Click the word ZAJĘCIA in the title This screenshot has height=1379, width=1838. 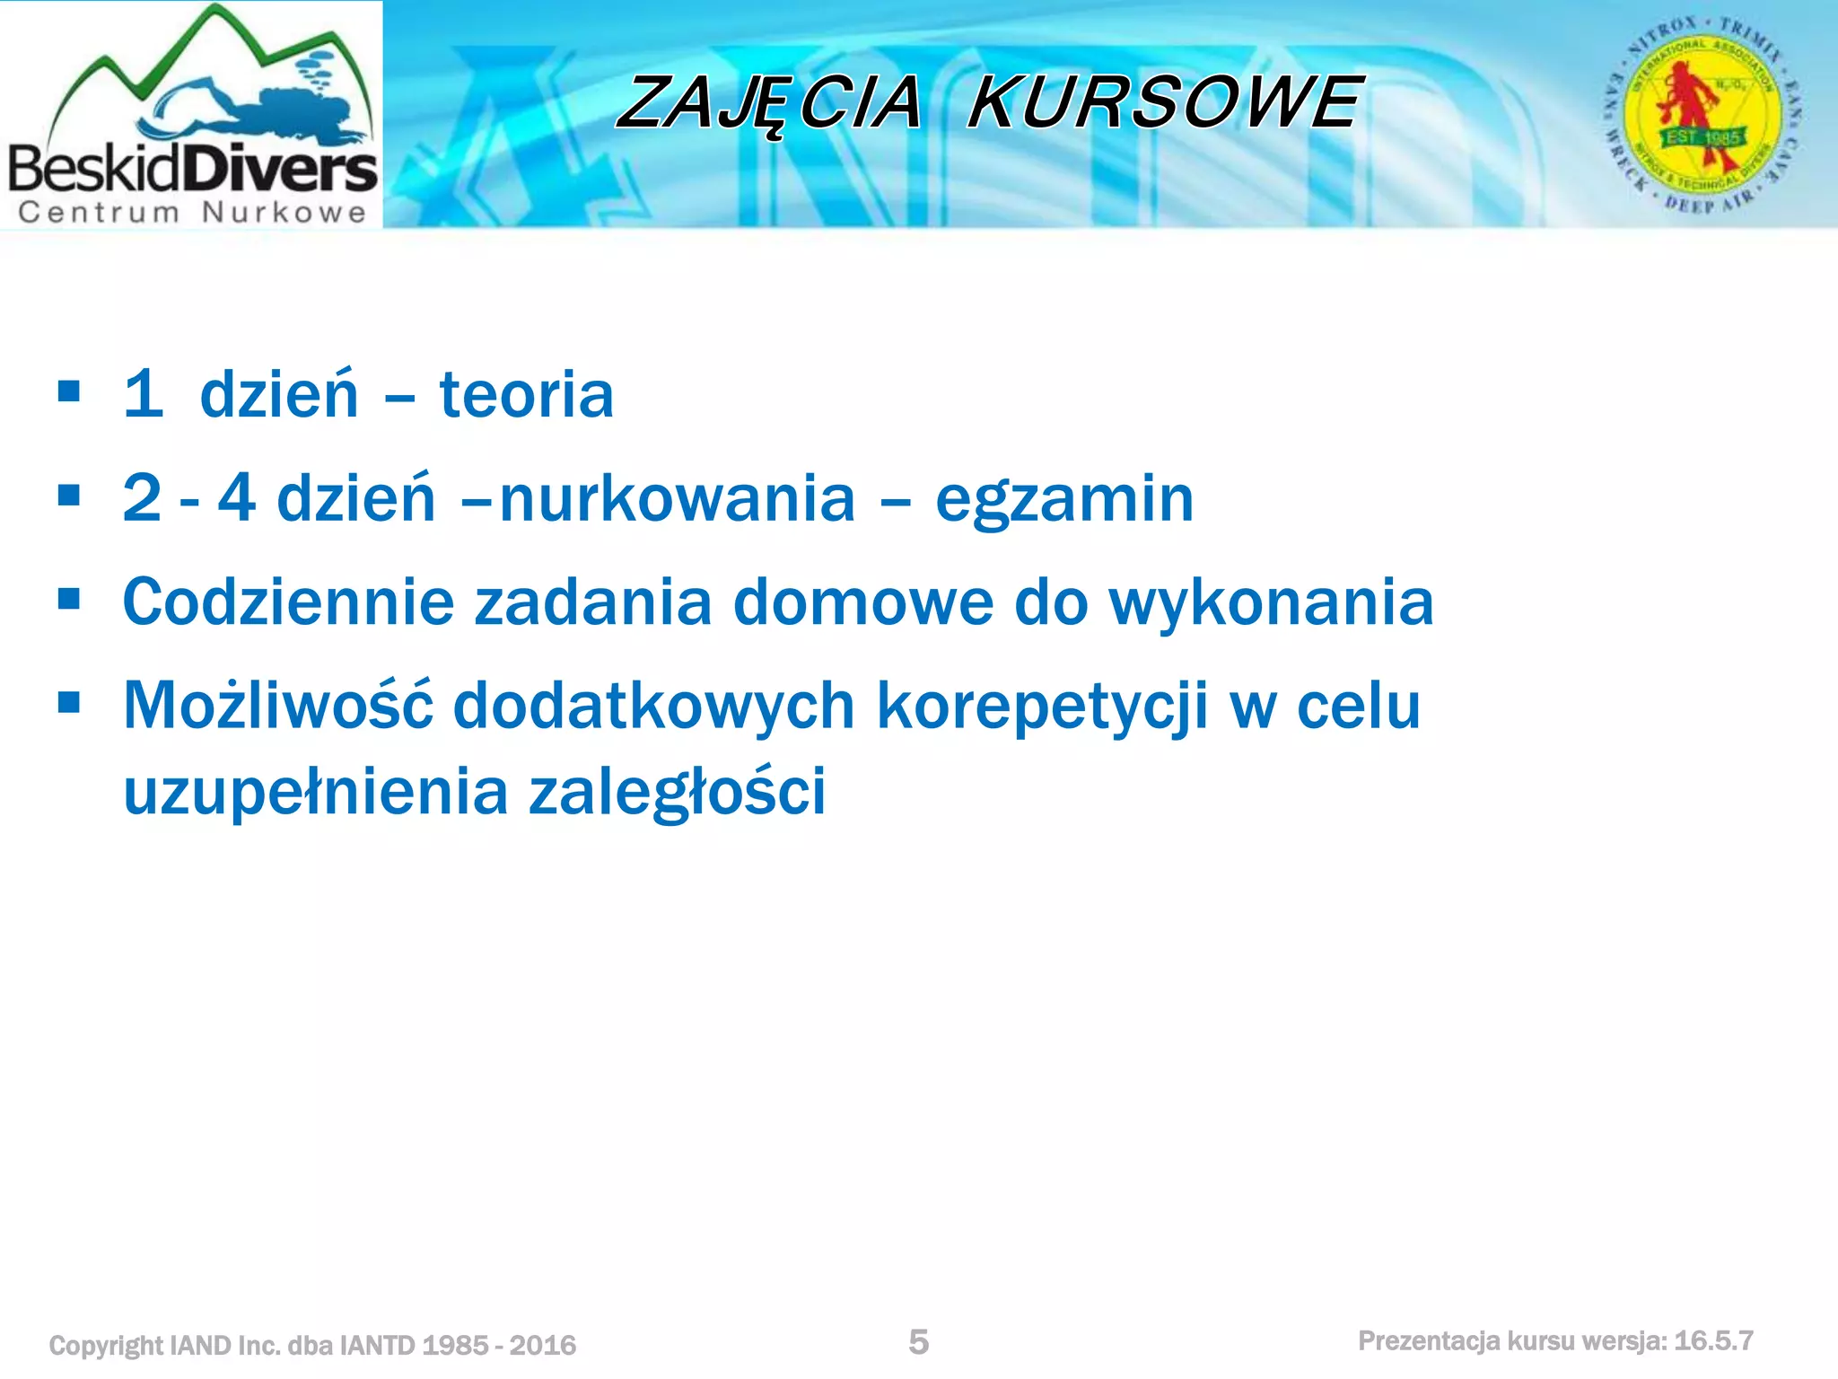pos(770,103)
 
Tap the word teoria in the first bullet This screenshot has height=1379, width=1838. pos(527,395)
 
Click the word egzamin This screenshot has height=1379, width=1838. pos(1064,500)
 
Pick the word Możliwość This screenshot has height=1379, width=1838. pos(277,707)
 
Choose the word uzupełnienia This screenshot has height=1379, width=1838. pos(315,792)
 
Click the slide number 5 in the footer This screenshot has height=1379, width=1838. pos(918,1342)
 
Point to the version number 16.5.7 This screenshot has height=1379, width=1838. pos(1713,1341)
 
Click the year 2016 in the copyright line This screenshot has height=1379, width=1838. pos(543,1345)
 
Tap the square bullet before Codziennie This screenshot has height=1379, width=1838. pos(68,599)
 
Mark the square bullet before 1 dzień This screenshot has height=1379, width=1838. pos(68,391)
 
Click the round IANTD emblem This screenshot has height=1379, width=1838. pos(1702,115)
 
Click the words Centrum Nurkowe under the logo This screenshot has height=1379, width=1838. pos(192,213)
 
